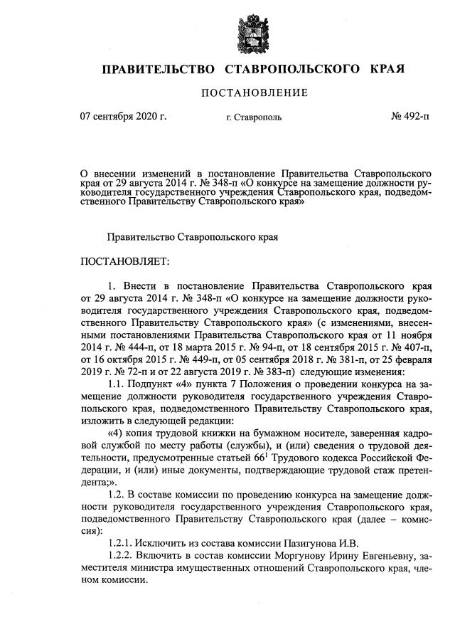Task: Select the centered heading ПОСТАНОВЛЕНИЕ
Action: (x=255, y=93)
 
